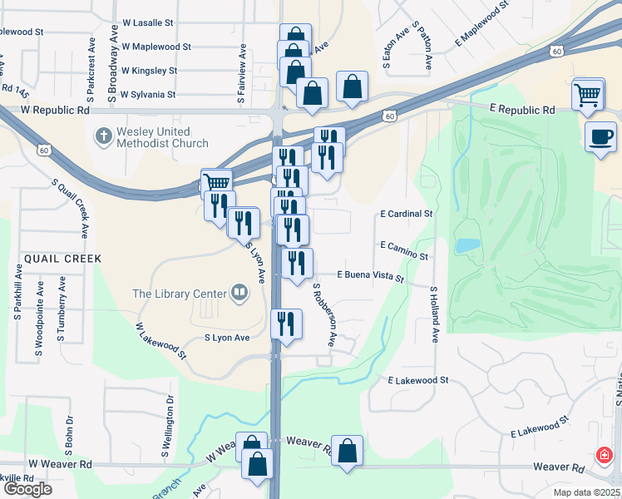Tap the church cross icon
coord(103,136)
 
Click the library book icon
coord(239,292)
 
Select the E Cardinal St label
coord(406,214)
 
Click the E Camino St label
coord(403,245)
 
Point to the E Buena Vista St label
coord(370,274)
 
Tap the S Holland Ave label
coord(435,315)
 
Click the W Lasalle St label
coord(147,24)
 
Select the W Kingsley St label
coord(149,72)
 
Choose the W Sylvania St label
coord(147,95)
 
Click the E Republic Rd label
coord(522,110)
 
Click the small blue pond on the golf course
coord(467,246)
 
